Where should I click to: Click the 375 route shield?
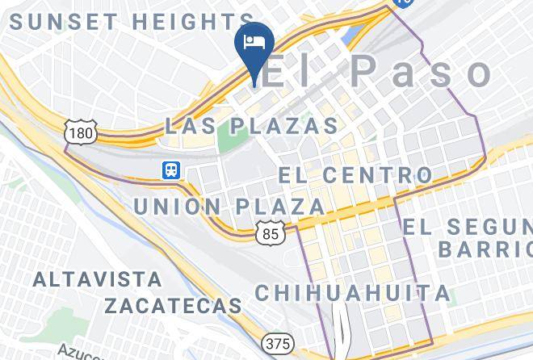tap(277, 344)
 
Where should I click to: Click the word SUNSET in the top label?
tap(63, 22)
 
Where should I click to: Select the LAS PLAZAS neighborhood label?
tap(251, 126)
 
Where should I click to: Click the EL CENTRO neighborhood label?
tap(355, 174)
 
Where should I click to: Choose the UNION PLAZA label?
tap(229, 207)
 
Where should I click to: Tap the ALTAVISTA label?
tap(97, 279)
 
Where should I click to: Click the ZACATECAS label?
tap(173, 306)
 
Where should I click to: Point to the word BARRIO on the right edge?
tap(485, 248)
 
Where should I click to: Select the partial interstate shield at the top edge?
tap(401, 3)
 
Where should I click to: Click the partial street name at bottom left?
tap(81, 352)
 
